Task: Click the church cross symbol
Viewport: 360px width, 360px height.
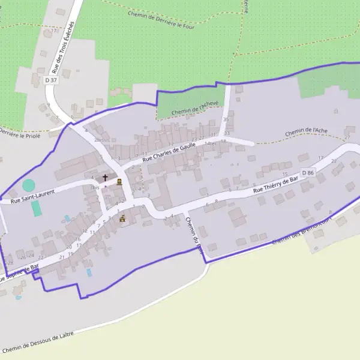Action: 106,178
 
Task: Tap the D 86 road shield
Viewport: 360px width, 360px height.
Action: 308,173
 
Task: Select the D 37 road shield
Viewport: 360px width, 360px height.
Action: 51,80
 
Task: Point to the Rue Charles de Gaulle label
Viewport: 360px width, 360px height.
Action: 170,151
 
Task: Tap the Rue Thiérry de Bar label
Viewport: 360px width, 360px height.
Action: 275,183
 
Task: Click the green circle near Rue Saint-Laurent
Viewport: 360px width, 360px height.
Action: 29,185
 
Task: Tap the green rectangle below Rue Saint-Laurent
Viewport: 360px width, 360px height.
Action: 37,208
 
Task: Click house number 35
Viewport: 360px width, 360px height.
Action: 226,119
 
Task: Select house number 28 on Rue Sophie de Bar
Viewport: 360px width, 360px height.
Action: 10,263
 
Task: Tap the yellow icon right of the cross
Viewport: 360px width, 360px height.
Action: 119,181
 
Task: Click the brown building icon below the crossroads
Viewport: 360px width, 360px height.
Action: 123,218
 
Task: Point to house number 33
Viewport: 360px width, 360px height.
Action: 227,133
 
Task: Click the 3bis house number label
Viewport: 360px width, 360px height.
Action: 94,187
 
